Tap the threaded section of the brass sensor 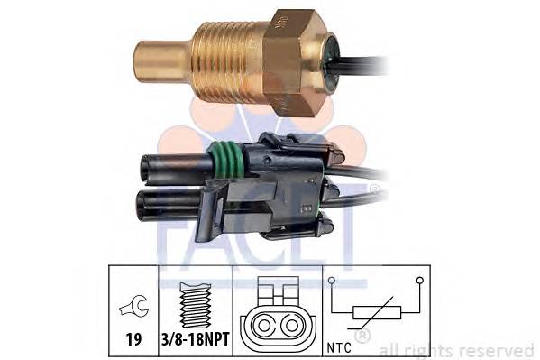[228, 61]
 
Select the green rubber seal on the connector [228, 161]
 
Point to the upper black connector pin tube [177, 168]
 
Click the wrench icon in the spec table [134, 305]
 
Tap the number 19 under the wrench [133, 339]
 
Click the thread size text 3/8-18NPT [196, 339]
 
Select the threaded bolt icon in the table [196, 305]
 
